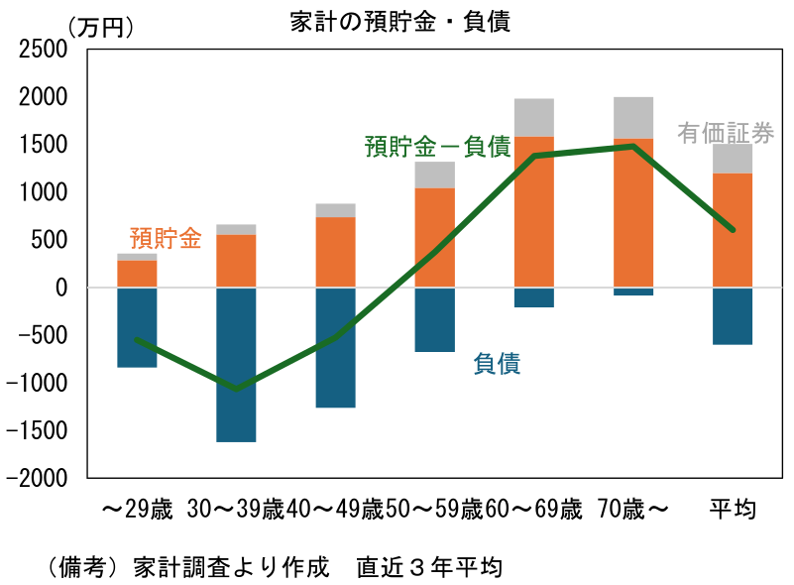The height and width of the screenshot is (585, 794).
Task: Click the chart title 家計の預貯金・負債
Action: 400,21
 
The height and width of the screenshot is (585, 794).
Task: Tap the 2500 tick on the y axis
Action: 46,49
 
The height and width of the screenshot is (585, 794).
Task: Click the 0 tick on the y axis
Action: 61,288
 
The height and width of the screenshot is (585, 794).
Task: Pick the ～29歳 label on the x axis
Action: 137,511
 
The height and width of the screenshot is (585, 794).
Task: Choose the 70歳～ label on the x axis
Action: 633,511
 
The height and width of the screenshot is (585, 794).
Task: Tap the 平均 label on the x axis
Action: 733,511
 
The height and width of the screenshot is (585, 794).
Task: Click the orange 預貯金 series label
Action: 166,238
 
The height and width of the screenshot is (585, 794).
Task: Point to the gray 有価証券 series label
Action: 726,133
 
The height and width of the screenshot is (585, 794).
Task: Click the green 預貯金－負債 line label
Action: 437,147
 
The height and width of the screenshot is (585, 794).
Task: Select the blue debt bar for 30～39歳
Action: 236,364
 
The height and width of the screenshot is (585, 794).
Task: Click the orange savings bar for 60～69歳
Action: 534,212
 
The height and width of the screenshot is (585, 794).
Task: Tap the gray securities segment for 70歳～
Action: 633,117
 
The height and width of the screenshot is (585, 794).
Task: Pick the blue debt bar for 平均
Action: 733,315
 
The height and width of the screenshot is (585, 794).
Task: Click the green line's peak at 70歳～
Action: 633,146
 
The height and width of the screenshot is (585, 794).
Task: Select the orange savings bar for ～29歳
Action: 137,274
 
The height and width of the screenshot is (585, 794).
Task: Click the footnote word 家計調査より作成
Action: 231,568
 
